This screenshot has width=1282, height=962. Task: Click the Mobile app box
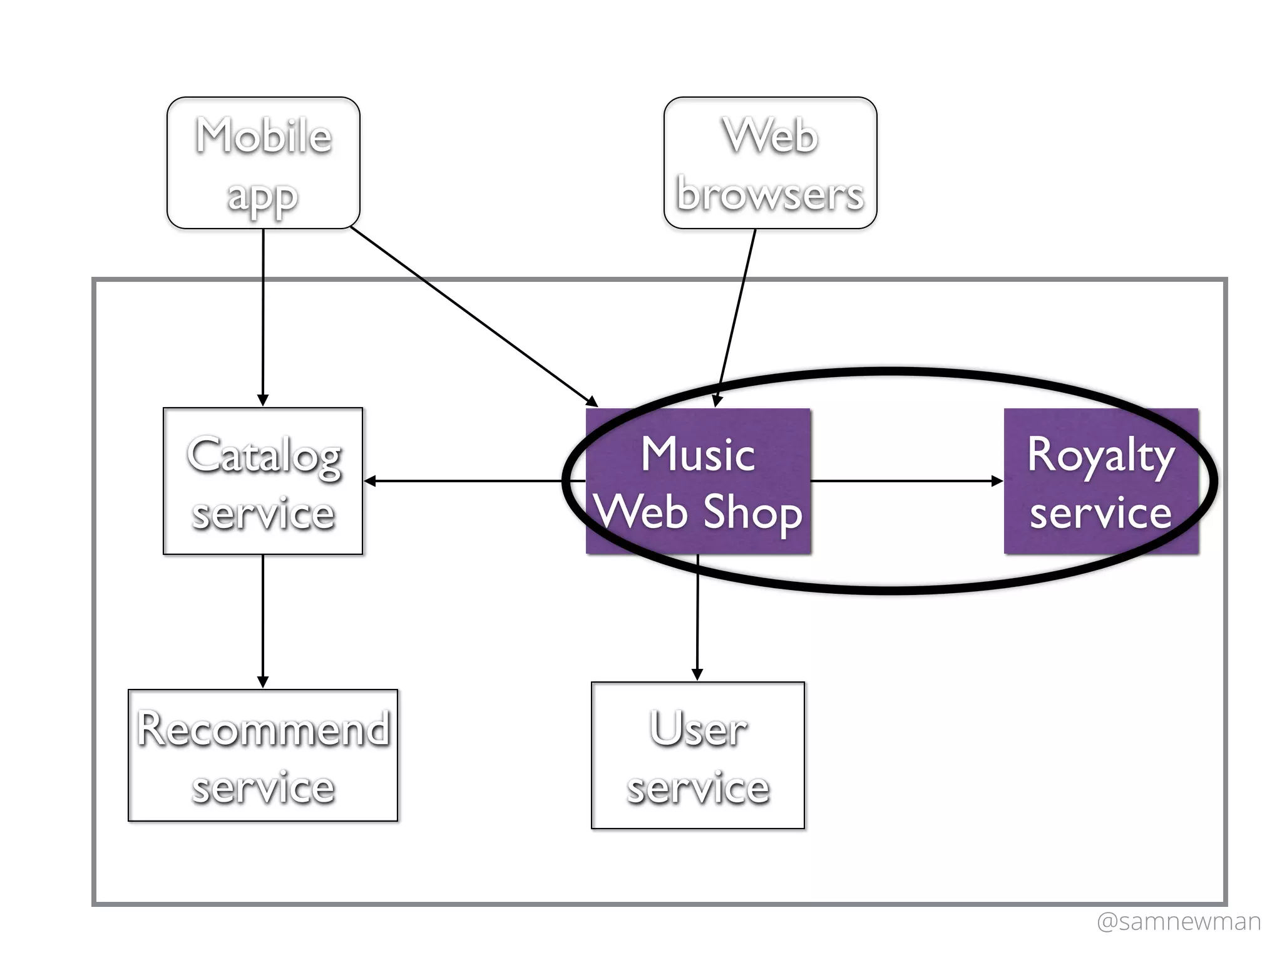click(263, 163)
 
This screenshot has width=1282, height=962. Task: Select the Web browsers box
click(770, 163)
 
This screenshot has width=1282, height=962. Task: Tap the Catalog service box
click(263, 481)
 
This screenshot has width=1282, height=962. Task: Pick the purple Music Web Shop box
click(698, 481)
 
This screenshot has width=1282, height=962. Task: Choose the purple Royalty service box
click(1100, 481)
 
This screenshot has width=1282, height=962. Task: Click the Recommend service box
click(263, 755)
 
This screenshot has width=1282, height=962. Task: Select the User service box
click(698, 755)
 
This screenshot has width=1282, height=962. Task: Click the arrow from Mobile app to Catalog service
click(263, 313)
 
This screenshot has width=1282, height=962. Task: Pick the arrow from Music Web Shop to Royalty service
click(908, 481)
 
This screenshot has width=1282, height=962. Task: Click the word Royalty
click(1100, 455)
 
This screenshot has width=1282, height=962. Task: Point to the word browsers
click(770, 194)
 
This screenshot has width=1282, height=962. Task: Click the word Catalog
click(263, 455)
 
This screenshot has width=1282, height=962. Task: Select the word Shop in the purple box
click(752, 512)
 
